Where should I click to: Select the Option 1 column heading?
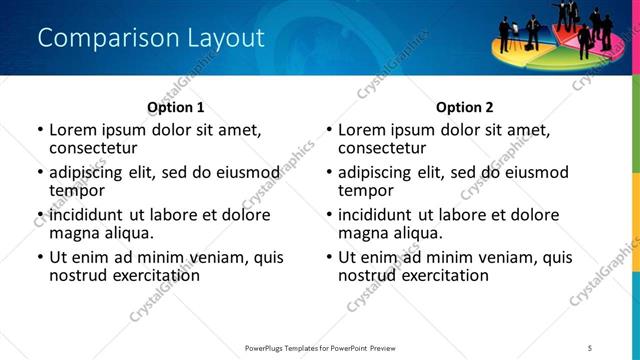coord(175,107)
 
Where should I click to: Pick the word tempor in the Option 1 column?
coord(77,190)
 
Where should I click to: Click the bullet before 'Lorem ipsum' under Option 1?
coord(39,130)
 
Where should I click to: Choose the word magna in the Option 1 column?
coord(74,233)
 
